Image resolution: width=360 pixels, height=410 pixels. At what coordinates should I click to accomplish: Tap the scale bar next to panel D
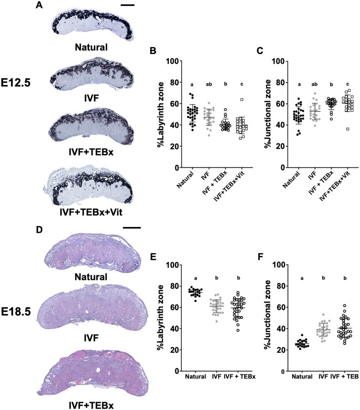tap(132, 227)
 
